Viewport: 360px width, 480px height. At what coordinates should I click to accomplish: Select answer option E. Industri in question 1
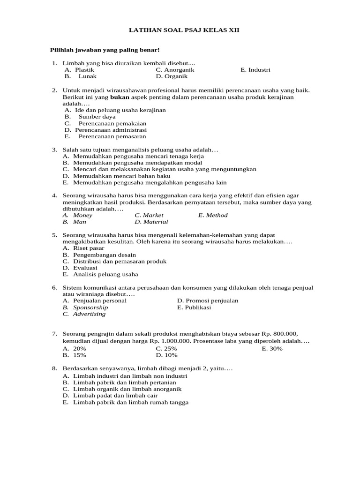click(255, 70)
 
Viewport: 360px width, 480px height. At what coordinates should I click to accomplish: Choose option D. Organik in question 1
click(172, 76)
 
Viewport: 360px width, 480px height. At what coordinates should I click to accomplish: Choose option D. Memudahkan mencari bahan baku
click(117, 176)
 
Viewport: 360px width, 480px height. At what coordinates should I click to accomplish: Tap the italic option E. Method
click(213, 215)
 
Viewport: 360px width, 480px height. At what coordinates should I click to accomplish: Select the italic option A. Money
click(78, 215)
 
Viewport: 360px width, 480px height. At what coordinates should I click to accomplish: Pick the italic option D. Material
click(151, 222)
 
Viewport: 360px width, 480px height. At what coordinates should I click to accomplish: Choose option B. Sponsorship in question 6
click(85, 307)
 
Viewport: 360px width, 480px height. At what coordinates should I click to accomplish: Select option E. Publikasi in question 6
click(194, 307)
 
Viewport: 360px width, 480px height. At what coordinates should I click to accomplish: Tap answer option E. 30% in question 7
click(272, 349)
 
